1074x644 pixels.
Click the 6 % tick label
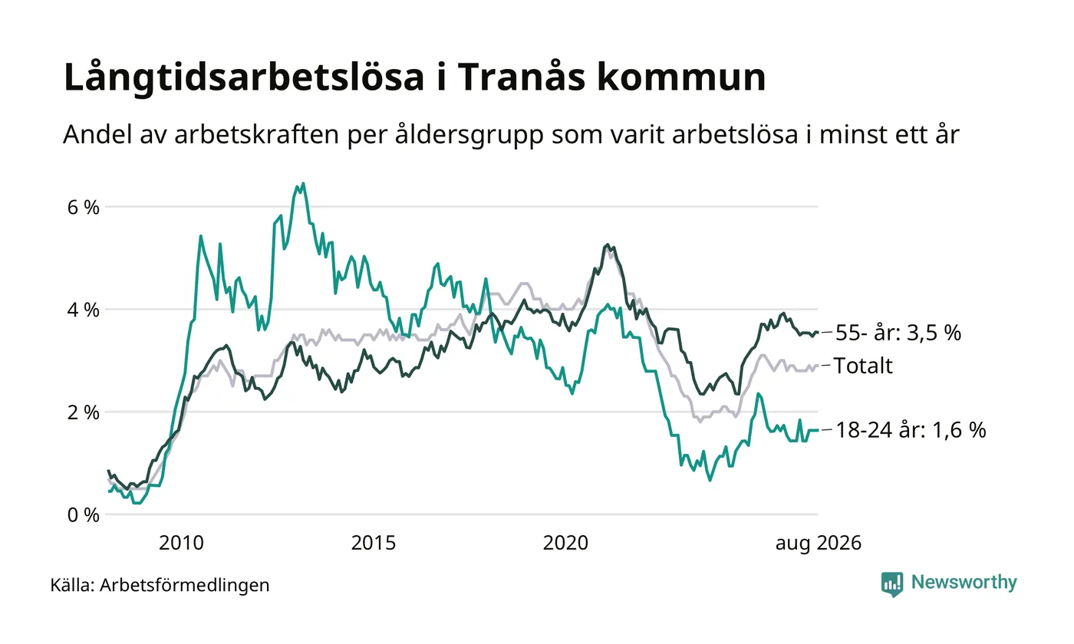coord(83,208)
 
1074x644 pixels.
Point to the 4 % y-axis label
coord(83,310)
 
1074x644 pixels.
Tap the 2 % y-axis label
coord(83,412)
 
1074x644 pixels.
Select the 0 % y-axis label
coord(83,515)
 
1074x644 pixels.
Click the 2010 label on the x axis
coord(181,543)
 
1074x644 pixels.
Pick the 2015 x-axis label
coord(374,543)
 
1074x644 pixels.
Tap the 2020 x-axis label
coord(566,543)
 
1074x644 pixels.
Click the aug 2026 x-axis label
coord(819,544)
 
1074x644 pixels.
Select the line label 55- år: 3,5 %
coord(898,333)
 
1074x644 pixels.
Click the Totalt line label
coord(864,366)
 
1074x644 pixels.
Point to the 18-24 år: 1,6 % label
coord(911,430)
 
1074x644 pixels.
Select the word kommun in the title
coord(681,77)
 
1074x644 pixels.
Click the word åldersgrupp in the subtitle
coord(469,135)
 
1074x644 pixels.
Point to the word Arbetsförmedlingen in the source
coord(185,586)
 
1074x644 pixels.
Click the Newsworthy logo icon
coord(891,584)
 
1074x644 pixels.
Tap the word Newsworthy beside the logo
coord(964,582)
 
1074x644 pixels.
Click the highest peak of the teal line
coord(303,183)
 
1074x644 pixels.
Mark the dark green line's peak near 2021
coord(608,245)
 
